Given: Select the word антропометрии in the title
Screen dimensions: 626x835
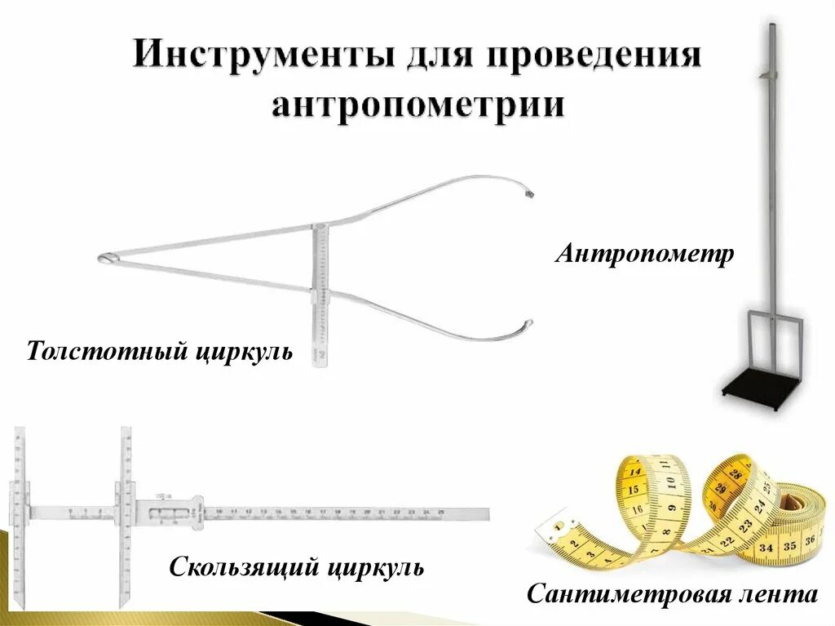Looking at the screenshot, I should tap(417, 106).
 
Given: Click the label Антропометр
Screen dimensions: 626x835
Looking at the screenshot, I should tap(645, 254).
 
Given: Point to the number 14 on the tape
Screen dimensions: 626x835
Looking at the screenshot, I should tap(635, 471).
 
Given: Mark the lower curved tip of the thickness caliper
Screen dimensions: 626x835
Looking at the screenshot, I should tap(528, 325).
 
